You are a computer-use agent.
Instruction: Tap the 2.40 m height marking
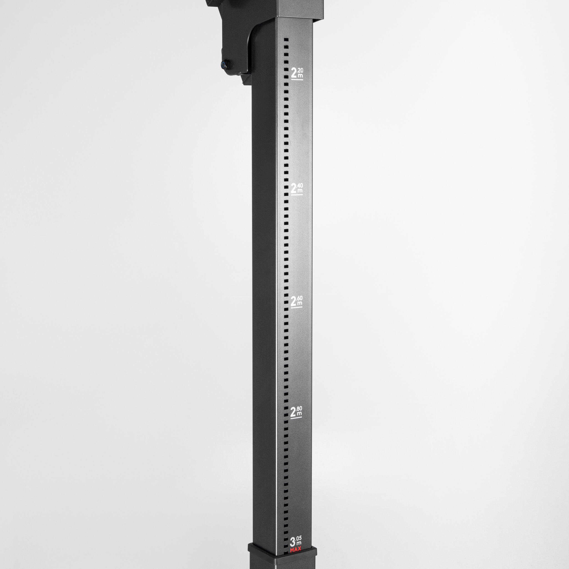point(297,189)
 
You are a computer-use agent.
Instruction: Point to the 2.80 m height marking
point(296,412)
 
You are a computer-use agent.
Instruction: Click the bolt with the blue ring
point(226,64)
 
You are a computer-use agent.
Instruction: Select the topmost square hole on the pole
point(286,39)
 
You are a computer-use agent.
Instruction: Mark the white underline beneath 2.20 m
point(297,79)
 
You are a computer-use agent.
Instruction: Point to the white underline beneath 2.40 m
point(297,194)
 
